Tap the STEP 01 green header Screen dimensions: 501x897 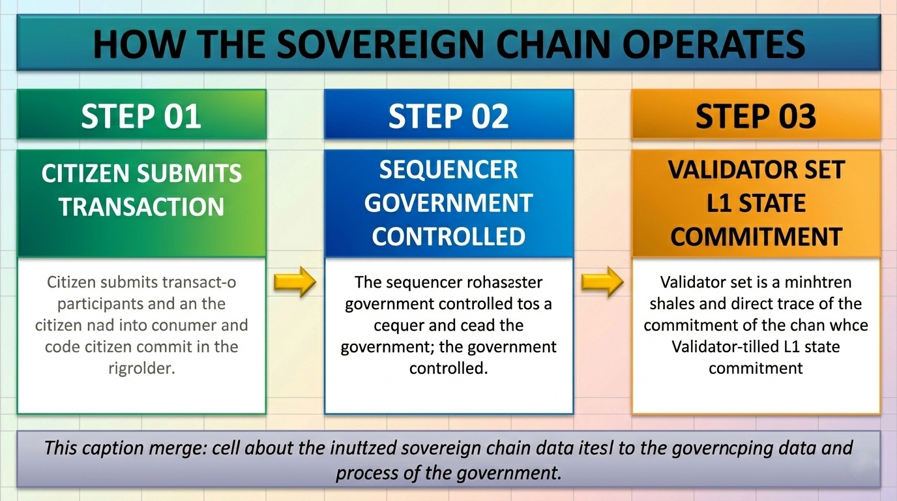141,115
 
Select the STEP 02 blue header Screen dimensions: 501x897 448,115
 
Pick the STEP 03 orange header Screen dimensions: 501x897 756,115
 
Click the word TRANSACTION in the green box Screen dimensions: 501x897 141,207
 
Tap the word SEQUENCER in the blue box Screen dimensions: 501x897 448,170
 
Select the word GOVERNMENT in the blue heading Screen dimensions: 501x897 448,203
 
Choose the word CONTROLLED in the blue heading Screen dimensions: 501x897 448,235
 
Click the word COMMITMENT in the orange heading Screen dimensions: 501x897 756,236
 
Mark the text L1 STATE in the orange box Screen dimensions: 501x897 756,204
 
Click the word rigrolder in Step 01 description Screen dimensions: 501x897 141,367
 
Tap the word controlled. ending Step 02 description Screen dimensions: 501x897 448,367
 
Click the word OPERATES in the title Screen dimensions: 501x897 715,44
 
